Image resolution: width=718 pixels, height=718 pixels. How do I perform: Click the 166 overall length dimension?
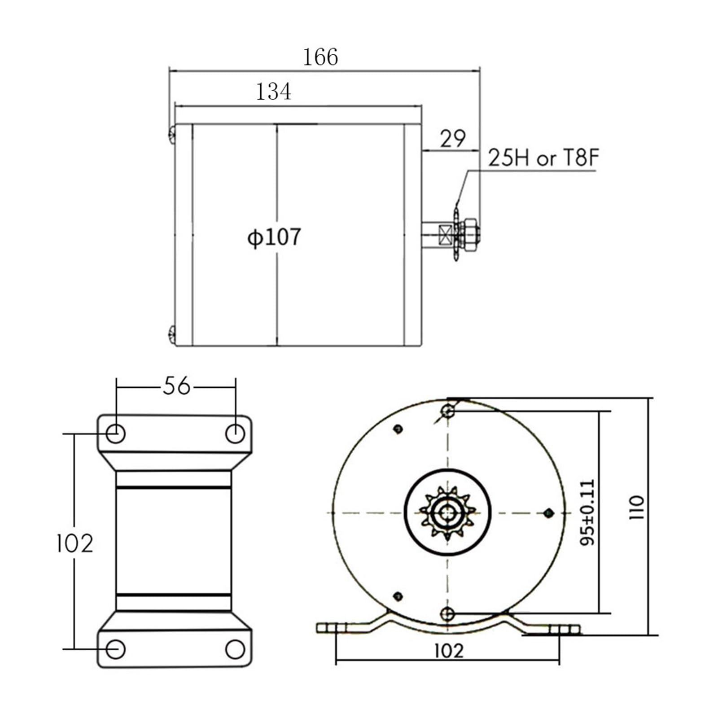[x=320, y=57]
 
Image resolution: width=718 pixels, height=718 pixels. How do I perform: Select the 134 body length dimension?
[x=273, y=92]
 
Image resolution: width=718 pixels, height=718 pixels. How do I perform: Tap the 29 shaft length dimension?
[x=452, y=138]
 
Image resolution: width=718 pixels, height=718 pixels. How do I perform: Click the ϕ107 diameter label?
[x=274, y=237]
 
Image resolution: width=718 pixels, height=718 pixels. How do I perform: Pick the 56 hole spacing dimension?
[x=176, y=386]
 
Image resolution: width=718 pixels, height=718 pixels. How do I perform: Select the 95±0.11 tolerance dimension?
[x=587, y=512]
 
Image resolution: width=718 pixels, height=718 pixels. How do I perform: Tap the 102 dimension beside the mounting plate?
[x=74, y=543]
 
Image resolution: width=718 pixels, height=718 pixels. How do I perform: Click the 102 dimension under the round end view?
[x=449, y=651]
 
